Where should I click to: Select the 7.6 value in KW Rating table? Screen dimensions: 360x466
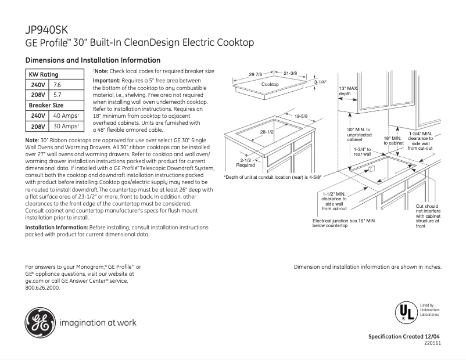(58, 85)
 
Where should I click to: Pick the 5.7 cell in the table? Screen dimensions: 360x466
(58, 95)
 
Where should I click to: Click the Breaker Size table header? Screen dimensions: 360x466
(46, 105)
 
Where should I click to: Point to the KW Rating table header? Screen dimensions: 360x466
(44, 74)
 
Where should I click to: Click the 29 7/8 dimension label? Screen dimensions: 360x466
(256, 74)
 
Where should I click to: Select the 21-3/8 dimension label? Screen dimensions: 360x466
(290, 73)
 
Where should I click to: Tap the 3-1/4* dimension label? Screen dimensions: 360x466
(321, 82)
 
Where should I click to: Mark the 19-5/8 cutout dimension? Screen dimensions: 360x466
(301, 117)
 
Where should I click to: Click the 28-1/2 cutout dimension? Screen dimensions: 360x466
(267, 132)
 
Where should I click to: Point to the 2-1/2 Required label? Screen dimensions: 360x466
(245, 162)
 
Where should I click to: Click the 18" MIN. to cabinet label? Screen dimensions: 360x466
(393, 141)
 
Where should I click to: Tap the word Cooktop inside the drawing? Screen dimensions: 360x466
(270, 85)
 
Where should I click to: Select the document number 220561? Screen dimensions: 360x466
(432, 344)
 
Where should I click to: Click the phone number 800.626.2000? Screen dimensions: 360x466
(42, 287)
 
